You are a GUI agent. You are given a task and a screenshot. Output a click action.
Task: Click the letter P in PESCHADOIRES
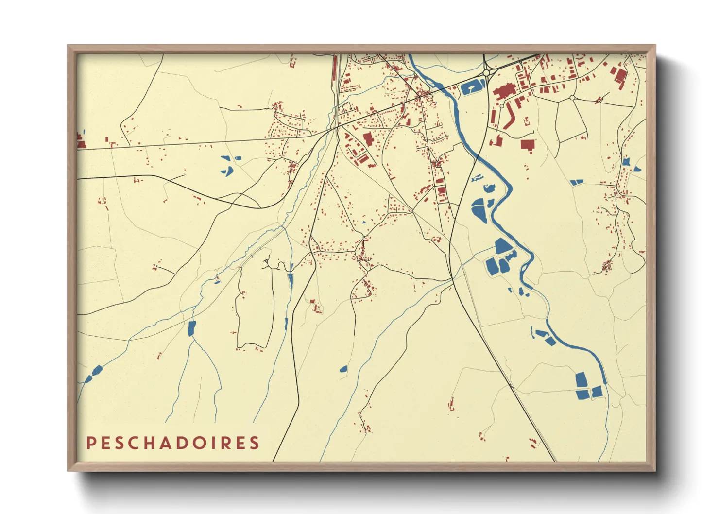click(91, 443)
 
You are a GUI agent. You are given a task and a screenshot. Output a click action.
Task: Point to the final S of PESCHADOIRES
click(254, 443)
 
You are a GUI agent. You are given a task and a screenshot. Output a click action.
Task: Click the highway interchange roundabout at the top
click(486, 73)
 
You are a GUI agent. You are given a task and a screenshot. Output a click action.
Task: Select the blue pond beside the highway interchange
click(472, 88)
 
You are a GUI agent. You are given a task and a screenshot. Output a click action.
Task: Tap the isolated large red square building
click(528, 144)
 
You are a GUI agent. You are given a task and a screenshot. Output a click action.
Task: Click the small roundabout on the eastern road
click(572, 98)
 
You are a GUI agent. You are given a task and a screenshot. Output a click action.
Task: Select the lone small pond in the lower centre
click(343, 369)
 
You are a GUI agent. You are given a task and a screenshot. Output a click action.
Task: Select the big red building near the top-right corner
click(620, 78)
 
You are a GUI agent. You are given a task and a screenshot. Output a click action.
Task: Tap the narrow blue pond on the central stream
click(291, 280)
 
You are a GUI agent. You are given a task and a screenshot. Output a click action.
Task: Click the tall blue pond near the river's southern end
click(581, 379)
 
